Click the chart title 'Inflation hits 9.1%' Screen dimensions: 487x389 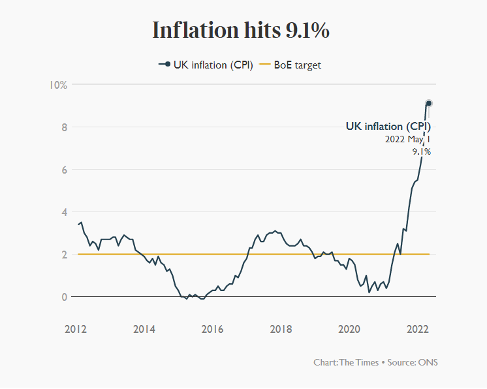[241, 30]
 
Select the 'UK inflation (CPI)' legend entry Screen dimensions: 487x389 [206, 65]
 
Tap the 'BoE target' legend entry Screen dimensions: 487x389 [290, 65]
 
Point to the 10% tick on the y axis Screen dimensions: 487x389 [58, 85]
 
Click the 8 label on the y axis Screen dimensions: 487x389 [64, 127]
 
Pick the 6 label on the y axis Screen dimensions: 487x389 [64, 170]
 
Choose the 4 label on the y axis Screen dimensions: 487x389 [64, 212]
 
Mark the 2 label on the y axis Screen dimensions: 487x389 [64, 255]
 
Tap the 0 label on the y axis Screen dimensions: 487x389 [64, 297]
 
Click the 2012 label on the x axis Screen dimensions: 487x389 [76, 329]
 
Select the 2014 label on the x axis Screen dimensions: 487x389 [144, 329]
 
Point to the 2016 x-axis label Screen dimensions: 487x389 [212, 329]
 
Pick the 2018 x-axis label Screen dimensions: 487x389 [281, 329]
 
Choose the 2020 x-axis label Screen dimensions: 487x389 [349, 329]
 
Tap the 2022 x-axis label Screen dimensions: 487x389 [418, 329]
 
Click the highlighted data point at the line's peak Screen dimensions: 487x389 [429, 103]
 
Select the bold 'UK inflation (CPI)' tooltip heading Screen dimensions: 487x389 [388, 127]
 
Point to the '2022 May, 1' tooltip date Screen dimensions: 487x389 [408, 140]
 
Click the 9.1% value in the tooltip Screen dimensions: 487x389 [422, 151]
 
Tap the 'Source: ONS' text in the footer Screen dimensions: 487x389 [413, 362]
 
